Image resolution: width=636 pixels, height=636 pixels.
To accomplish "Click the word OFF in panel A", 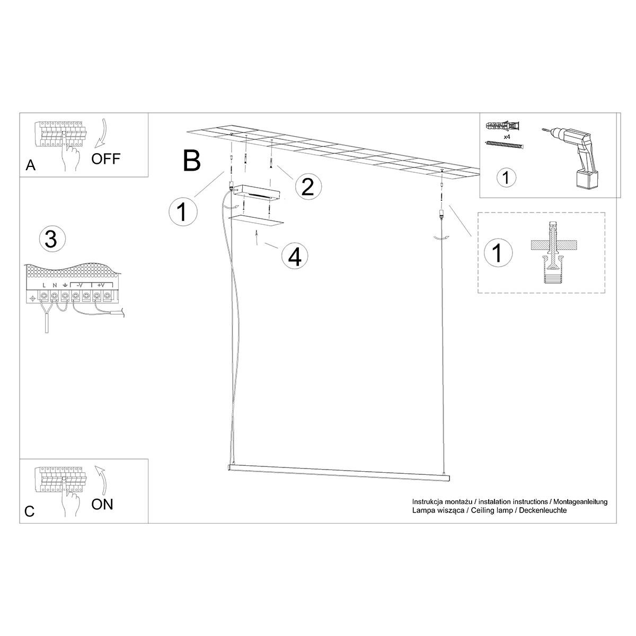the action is (105, 159).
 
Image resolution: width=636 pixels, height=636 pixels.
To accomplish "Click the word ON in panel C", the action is (102, 504).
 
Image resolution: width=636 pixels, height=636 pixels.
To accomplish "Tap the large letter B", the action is (192, 161).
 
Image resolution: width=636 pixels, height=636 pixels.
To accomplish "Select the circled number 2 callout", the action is (308, 186).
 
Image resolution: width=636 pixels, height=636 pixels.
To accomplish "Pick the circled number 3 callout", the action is (51, 238).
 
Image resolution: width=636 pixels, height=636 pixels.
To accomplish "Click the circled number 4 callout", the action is (294, 257).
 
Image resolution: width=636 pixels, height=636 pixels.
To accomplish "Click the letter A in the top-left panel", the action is (31, 165).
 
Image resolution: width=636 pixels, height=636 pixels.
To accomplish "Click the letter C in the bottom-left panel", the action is (30, 511).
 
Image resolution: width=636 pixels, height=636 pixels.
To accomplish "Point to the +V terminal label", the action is (101, 285).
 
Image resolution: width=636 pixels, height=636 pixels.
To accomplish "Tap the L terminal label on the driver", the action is (44, 285).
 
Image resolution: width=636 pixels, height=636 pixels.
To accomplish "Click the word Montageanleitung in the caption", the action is (580, 502).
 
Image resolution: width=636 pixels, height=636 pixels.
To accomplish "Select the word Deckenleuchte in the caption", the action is (543, 510).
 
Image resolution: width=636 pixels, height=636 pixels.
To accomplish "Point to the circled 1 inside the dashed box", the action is (498, 252).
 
